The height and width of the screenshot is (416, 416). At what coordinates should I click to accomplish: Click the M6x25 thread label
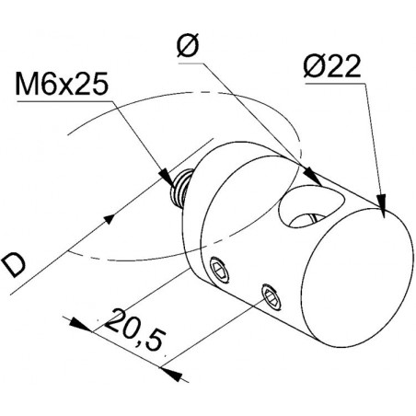[x=62, y=83]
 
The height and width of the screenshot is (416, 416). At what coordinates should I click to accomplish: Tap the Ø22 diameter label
[x=332, y=66]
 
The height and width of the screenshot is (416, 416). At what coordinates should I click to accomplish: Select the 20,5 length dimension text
[x=134, y=330]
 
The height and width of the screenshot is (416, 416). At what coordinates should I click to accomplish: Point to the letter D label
[x=13, y=264]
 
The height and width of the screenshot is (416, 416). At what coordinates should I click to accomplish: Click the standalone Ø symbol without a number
[x=188, y=45]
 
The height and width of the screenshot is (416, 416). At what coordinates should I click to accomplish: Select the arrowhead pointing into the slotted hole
[x=312, y=177]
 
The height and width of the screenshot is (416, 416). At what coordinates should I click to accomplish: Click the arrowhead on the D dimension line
[x=109, y=219]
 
